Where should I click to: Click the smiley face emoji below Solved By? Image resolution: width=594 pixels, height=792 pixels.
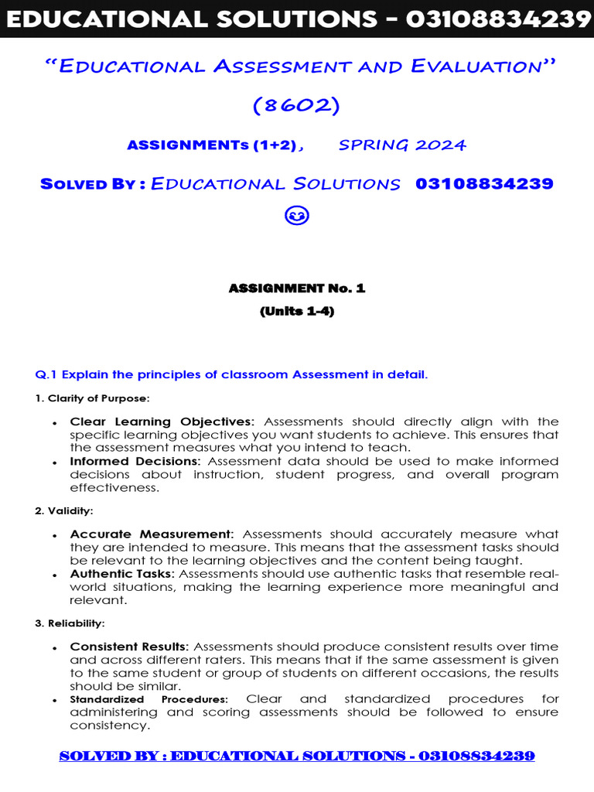297,217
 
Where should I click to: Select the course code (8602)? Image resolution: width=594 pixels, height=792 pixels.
297,104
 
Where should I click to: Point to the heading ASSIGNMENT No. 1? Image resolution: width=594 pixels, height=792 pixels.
297,288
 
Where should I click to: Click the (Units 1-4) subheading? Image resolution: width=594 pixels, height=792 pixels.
297,312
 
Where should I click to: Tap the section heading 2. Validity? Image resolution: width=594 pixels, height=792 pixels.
64,510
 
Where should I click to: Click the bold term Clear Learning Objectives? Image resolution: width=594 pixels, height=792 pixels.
161,422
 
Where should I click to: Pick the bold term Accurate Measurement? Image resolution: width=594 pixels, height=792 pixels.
151,534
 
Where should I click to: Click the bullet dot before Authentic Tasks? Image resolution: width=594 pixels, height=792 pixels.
54,575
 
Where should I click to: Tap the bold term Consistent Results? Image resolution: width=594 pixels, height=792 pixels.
129,647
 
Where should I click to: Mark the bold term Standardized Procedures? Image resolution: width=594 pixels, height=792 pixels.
148,699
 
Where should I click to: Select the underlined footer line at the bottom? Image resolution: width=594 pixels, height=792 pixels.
297,756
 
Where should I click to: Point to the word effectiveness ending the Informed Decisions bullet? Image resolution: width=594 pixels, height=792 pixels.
114,488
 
